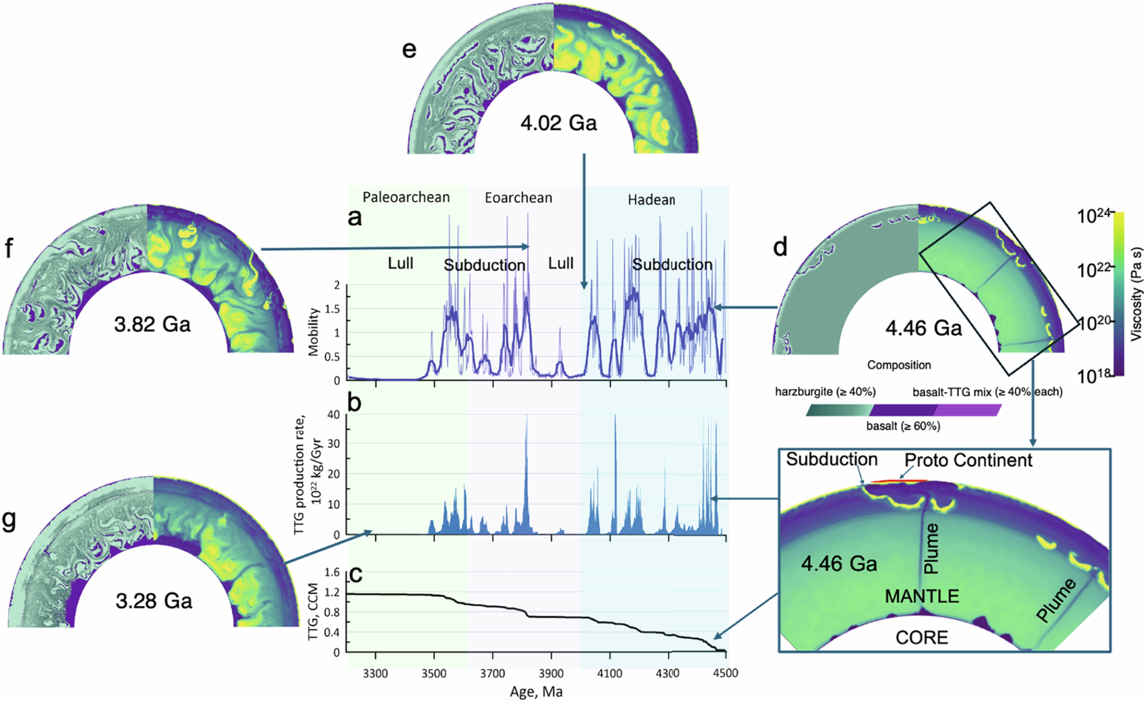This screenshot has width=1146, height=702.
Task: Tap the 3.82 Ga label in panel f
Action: [152, 324]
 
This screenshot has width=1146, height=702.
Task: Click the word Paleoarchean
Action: [406, 198]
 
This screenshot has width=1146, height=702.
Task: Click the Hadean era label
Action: [651, 200]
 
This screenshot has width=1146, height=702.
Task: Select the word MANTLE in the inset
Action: [922, 596]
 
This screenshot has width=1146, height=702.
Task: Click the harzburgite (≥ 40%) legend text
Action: [825, 392]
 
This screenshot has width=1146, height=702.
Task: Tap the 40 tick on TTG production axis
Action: [333, 415]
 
